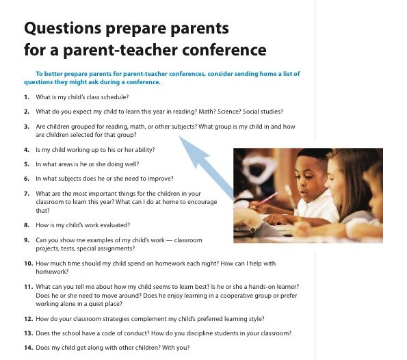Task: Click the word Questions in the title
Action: pos(62,29)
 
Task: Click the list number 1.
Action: pos(27,97)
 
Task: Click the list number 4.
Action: pos(27,150)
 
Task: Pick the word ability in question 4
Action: pos(145,150)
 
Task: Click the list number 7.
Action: pos(27,194)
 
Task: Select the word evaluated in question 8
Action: pos(116,225)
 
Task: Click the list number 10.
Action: pos(28,263)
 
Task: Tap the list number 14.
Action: pos(28,348)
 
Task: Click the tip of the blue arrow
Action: pos(179,136)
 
